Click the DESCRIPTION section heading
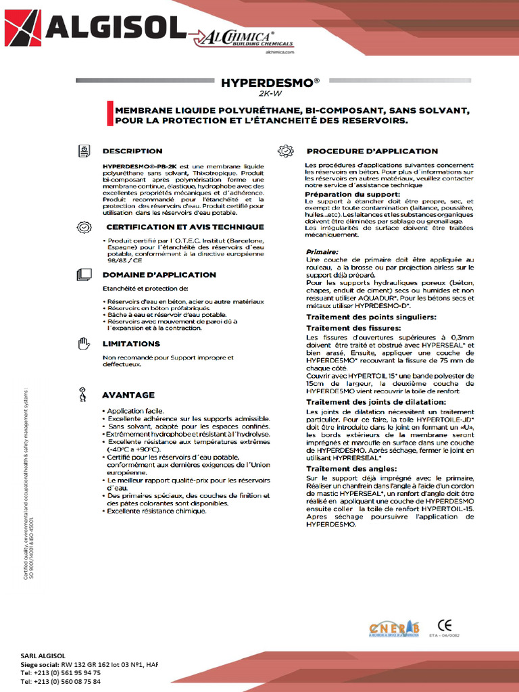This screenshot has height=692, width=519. (x=132, y=151)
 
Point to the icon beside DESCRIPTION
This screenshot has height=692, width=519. (x=84, y=151)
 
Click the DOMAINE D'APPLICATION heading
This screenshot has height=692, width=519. (x=159, y=274)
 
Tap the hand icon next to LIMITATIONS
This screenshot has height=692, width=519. (x=84, y=344)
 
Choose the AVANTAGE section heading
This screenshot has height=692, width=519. (x=128, y=395)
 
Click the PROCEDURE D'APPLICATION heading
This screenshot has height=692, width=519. (x=372, y=151)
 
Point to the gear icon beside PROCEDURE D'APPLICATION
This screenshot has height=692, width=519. (x=286, y=151)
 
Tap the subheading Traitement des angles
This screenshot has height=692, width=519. (x=348, y=468)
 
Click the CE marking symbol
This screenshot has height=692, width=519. (x=445, y=624)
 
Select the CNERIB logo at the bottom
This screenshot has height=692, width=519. (x=394, y=628)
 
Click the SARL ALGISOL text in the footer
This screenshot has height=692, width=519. (x=43, y=656)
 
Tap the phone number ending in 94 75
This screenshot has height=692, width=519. (x=61, y=673)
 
